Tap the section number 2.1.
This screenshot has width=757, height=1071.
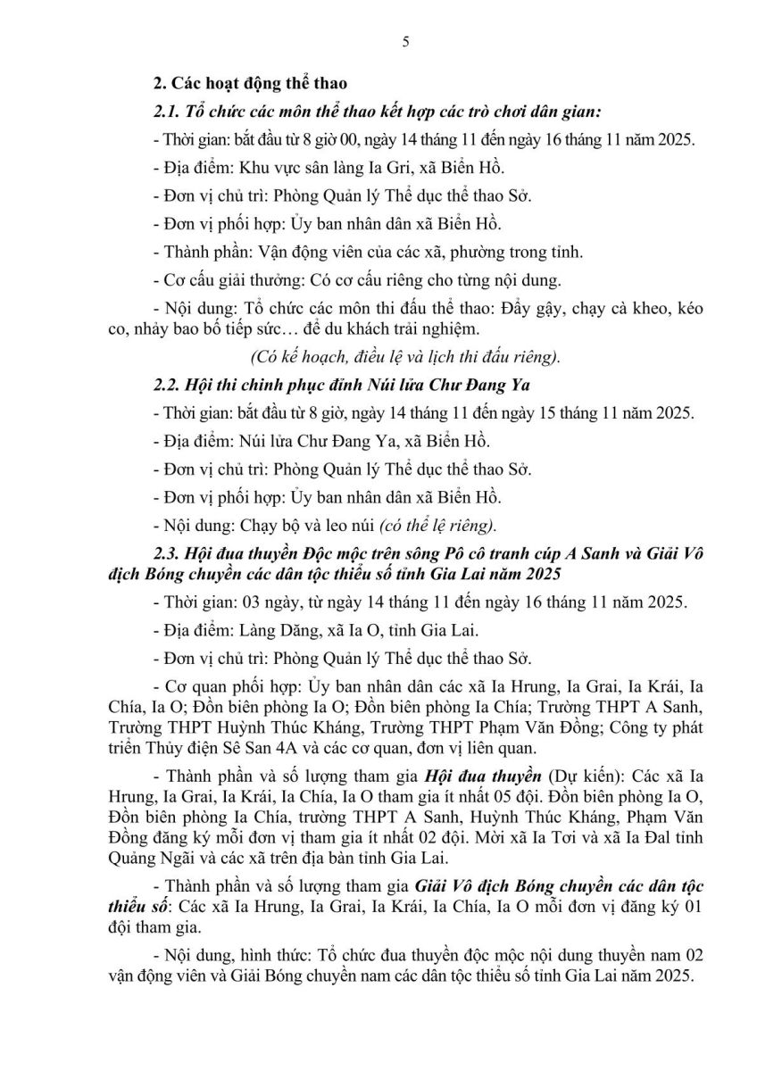click(167, 112)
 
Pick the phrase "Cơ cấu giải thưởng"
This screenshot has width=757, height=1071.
click(222, 279)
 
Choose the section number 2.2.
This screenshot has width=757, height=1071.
click(167, 386)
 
